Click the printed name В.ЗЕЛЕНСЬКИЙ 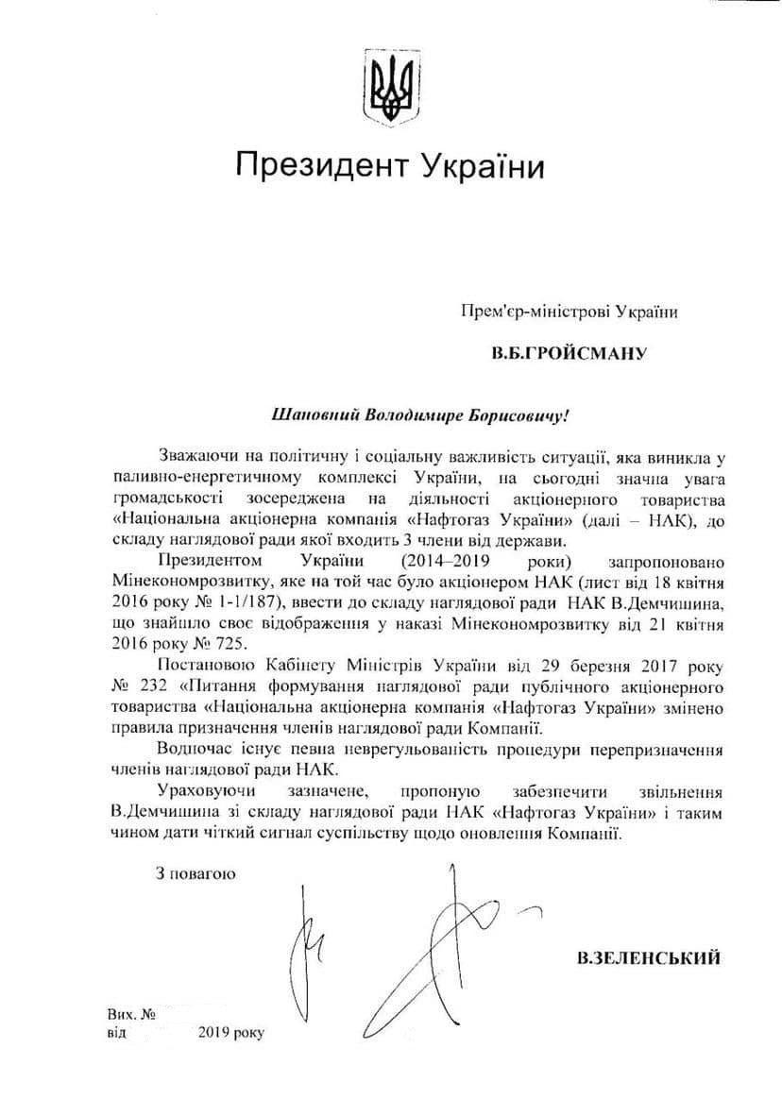649,958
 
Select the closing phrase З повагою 196,872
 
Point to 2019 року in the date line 232,1032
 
